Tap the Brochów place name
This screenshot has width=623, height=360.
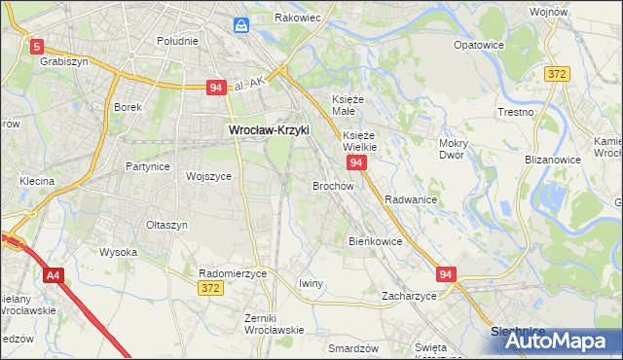pyautogui.click(x=332, y=185)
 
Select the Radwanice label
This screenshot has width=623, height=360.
pyautogui.click(x=410, y=199)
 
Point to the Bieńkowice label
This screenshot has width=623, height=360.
pyautogui.click(x=375, y=240)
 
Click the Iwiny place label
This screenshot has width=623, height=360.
pyautogui.click(x=311, y=283)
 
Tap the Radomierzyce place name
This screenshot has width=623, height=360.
pyautogui.click(x=233, y=273)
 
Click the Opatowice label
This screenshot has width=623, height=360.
pyautogui.click(x=478, y=45)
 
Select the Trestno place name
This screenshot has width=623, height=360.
pyautogui.click(x=514, y=112)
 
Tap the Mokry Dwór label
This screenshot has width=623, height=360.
pyautogui.click(x=453, y=149)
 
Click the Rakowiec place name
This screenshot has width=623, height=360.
pyautogui.click(x=299, y=18)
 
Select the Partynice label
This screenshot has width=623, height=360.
pyautogui.click(x=148, y=166)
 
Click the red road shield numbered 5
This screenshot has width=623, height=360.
pyautogui.click(x=37, y=45)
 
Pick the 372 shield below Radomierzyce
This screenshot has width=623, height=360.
pyautogui.click(x=210, y=288)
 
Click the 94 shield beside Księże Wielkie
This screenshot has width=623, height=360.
pyautogui.click(x=356, y=162)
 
